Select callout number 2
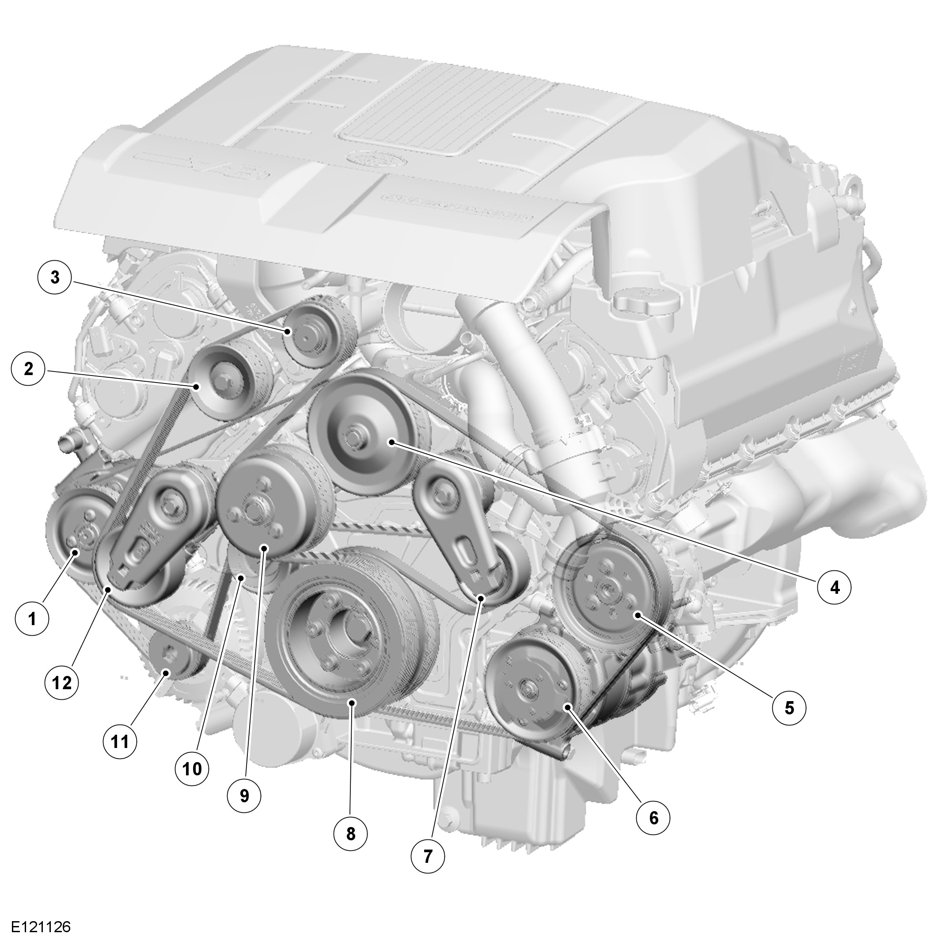[x=28, y=369]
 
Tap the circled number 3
[x=55, y=277]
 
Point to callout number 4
[x=835, y=587]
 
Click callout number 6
[x=653, y=817]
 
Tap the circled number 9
[x=244, y=796]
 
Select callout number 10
[x=192, y=769]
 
